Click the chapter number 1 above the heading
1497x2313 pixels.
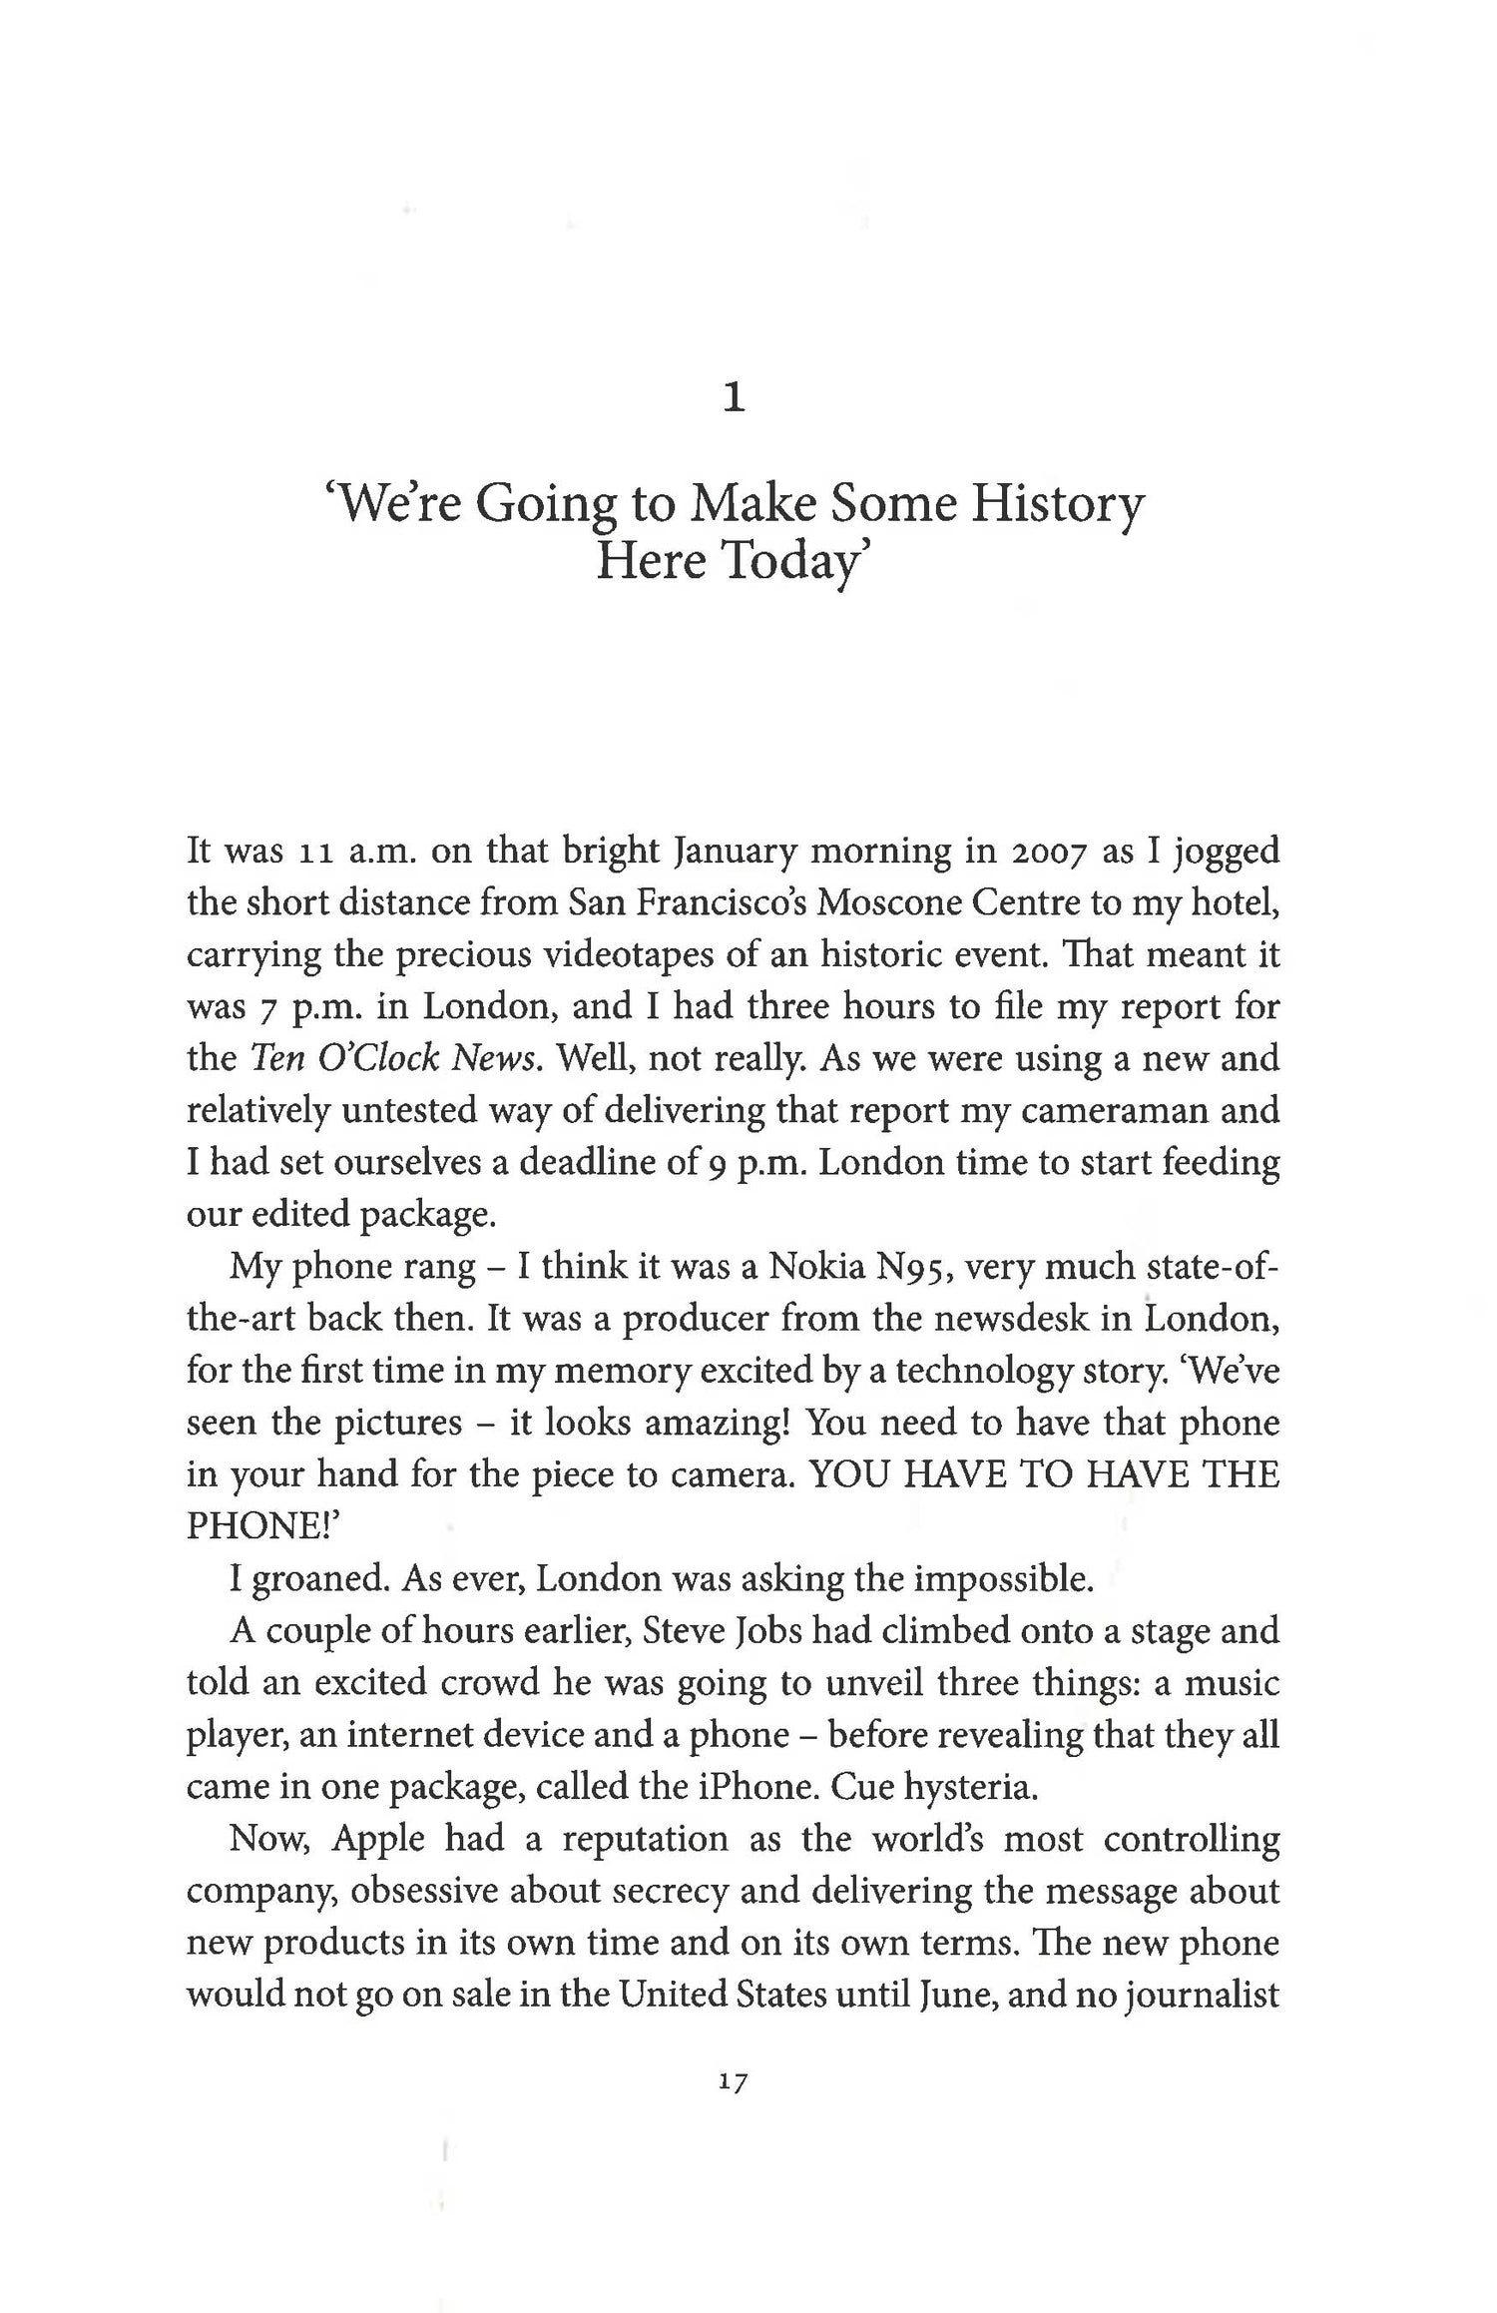(734, 399)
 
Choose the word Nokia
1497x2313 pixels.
(814, 1267)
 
